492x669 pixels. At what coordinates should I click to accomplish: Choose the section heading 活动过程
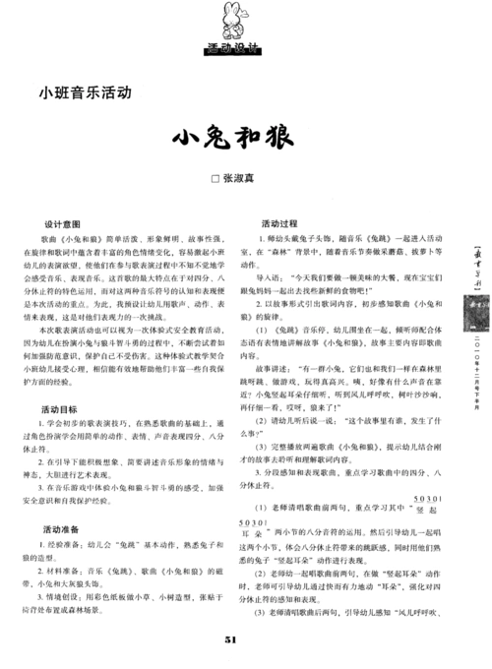tap(278, 223)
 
